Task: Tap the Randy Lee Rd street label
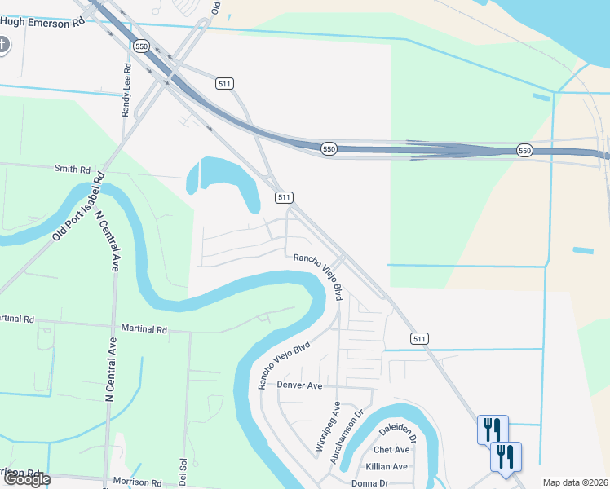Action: [127, 90]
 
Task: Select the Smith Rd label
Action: [72, 169]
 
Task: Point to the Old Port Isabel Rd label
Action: [79, 205]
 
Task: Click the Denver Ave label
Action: [300, 385]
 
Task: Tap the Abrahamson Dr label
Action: [345, 442]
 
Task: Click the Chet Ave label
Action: [391, 450]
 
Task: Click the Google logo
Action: [27, 479]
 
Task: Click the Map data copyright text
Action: [576, 482]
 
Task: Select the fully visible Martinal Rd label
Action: [144, 329]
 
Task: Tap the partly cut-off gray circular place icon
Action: [2, 45]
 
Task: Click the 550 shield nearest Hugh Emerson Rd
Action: [143, 46]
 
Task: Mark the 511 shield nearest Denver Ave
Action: [419, 338]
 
